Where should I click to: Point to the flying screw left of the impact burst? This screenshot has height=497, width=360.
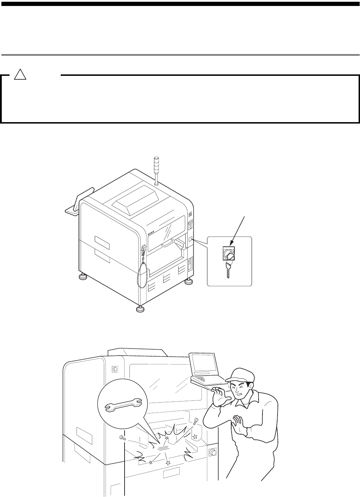pyautogui.click(x=122, y=437)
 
